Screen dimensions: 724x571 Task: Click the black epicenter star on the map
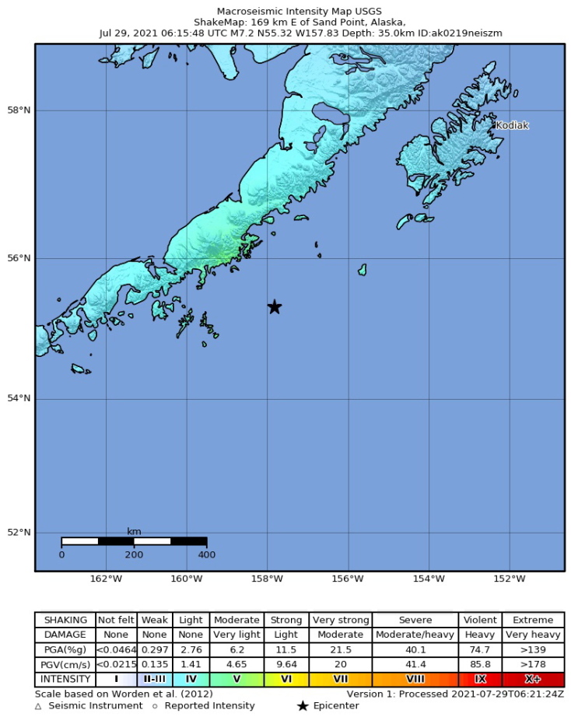click(274, 307)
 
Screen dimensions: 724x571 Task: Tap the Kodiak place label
click(512, 125)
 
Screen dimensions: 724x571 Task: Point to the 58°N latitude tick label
click(19, 110)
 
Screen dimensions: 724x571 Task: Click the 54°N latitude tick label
click(19, 399)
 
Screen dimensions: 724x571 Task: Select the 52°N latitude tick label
click(19, 533)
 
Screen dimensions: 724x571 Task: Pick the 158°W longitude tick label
click(267, 579)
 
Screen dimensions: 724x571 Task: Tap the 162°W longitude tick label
click(106, 579)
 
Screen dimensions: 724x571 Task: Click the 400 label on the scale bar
click(206, 554)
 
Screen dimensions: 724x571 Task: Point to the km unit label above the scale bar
click(134, 531)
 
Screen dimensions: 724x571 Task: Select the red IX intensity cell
click(480, 679)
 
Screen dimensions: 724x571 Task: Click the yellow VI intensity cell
click(285, 679)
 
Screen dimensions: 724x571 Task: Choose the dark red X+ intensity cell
click(533, 679)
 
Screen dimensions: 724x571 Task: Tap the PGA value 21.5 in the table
click(340, 649)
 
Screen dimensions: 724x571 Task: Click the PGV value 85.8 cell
click(480, 664)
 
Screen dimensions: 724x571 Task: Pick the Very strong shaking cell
click(340, 620)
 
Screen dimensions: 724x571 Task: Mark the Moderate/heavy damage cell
click(415, 635)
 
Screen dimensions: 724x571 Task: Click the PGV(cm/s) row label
click(65, 664)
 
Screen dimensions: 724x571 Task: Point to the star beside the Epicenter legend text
click(302, 706)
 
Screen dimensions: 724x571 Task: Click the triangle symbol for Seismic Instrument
click(39, 706)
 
